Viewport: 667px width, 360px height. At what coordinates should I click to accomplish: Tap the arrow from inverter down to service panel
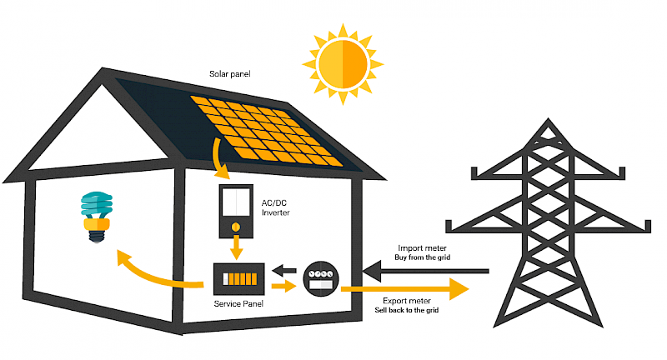pos(236,247)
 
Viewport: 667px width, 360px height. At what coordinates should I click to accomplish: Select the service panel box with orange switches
pos(238,277)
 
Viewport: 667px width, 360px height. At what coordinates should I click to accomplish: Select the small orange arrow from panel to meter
pos(283,287)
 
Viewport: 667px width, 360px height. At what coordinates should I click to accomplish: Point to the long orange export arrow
pos(409,289)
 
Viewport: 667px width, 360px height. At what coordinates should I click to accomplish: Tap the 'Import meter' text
pos(424,247)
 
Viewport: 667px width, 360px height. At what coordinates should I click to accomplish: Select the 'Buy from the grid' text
pos(424,257)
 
